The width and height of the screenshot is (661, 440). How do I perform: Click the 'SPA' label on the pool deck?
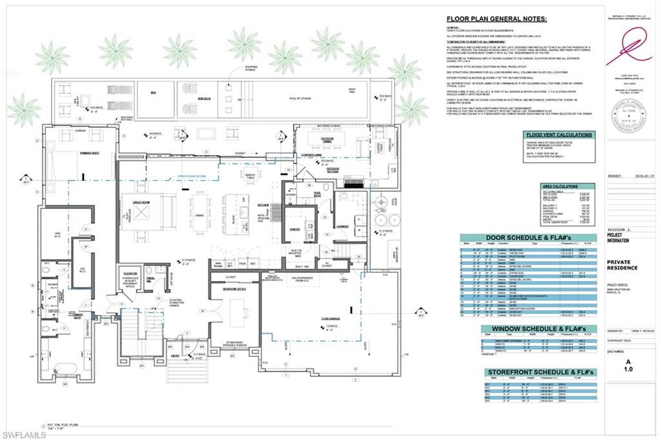pos(154,93)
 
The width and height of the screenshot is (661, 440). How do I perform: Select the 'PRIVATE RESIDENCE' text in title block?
pos(622,264)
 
